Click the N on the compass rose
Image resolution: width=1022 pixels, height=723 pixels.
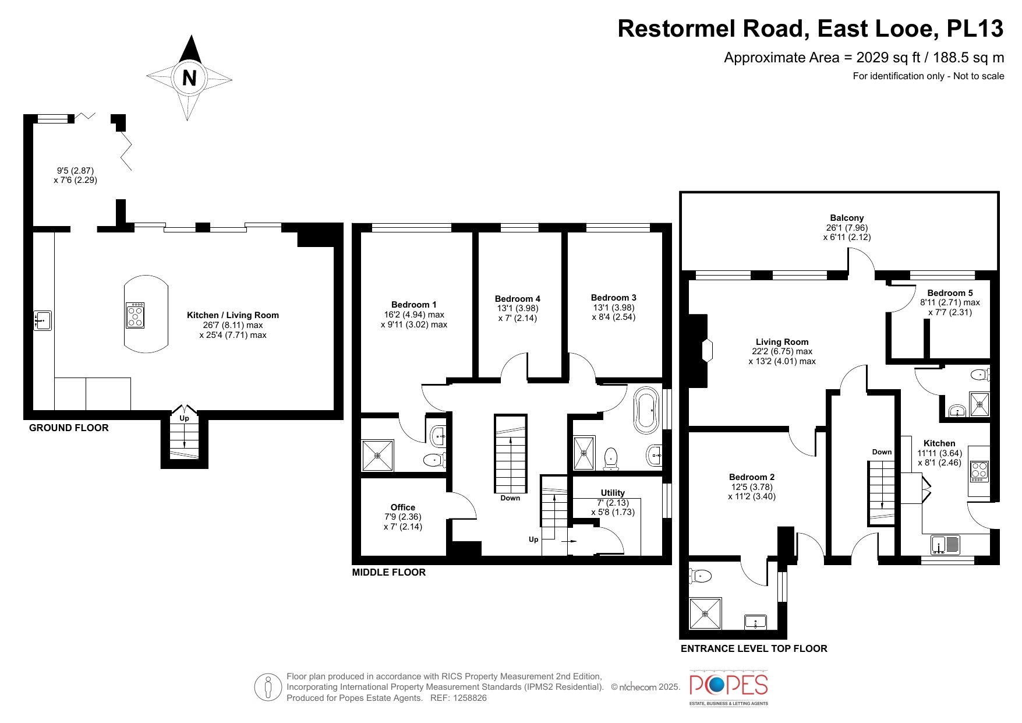coord(189,77)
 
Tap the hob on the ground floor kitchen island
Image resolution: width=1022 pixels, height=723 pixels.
coord(135,315)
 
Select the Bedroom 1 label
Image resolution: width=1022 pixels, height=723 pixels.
coord(413,305)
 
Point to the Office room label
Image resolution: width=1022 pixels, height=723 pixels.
coord(403,507)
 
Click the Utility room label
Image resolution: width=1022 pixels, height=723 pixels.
coord(613,493)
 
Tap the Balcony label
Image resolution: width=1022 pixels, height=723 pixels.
coord(847,218)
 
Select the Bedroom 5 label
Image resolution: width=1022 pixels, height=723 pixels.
coord(950,293)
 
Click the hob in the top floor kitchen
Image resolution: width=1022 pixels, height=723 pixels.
coord(979,471)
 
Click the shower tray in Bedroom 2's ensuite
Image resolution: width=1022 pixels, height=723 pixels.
coord(705,613)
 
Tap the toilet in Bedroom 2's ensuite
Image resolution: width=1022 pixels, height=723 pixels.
coord(700,576)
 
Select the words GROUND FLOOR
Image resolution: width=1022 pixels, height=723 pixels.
coord(69,428)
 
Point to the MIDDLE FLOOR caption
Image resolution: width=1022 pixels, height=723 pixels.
coord(389,572)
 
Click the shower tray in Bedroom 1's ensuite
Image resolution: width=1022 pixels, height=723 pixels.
coord(377,456)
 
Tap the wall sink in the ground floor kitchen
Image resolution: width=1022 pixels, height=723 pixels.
coord(42,320)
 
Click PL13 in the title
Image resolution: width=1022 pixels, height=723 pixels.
coord(975,29)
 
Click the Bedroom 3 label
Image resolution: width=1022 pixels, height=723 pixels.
coord(614,298)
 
